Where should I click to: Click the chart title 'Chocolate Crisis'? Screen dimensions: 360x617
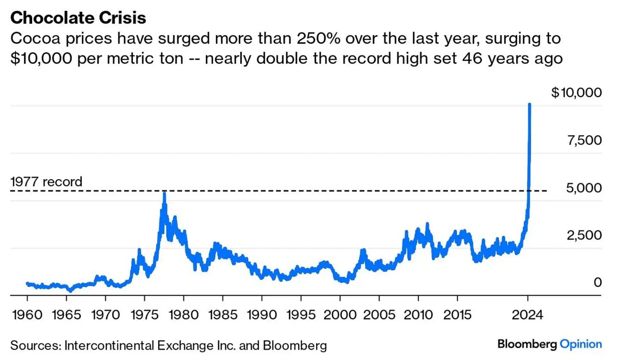(78, 18)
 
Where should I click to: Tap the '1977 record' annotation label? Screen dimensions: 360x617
(46, 182)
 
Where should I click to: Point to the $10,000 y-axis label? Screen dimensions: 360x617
(576, 92)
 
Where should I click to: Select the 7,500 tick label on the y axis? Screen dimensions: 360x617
(584, 140)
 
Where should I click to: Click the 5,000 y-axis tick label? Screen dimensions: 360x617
(584, 188)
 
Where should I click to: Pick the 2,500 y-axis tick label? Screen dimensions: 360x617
(584, 235)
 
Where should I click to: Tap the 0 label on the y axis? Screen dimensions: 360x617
(597, 282)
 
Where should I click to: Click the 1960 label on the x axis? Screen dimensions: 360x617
(27, 315)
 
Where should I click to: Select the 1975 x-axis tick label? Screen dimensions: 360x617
(145, 315)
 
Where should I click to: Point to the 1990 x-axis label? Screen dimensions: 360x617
(262, 315)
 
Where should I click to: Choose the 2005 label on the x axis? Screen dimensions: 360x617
(379, 315)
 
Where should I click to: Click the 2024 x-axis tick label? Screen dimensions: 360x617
(528, 315)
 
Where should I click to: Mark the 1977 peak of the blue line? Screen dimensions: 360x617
(164, 194)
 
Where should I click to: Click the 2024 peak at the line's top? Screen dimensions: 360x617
(529, 104)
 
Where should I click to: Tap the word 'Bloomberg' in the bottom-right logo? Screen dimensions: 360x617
(527, 344)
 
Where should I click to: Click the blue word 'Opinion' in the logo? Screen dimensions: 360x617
(581, 344)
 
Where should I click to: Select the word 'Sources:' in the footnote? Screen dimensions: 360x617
(35, 345)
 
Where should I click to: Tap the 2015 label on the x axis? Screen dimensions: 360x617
(457, 315)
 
